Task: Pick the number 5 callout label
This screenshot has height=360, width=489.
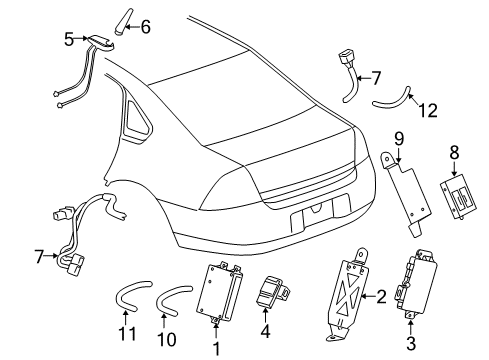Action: pyautogui.click(x=69, y=40)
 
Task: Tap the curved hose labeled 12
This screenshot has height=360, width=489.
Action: pyautogui.click(x=391, y=100)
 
